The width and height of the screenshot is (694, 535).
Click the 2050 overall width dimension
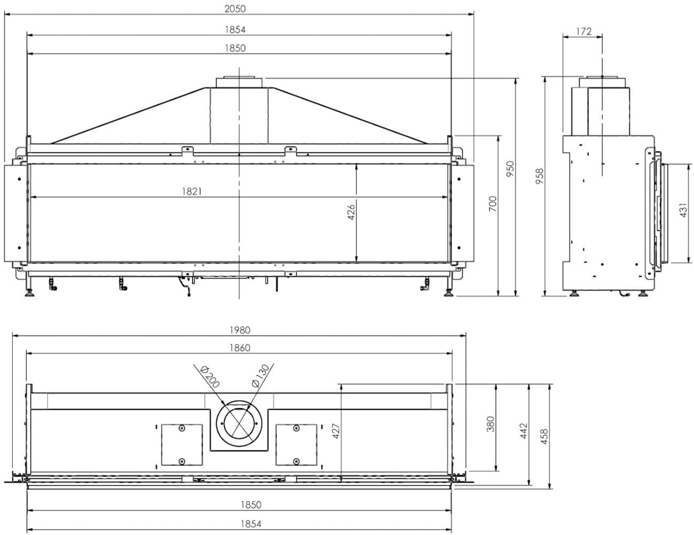pos(235,9)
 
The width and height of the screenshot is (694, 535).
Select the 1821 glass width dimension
pos(192,192)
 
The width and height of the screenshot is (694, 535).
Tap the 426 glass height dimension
pos(351,212)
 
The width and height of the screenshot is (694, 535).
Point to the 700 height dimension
pos(493,204)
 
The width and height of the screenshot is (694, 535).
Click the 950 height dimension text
pos(511,170)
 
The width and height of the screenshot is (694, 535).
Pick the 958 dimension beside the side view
pos(539,176)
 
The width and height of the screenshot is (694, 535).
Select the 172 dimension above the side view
pos(584,32)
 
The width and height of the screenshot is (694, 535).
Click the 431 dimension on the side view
pos(683,210)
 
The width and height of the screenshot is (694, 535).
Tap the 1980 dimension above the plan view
pos(240,330)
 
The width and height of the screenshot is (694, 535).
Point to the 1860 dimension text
pos(240,348)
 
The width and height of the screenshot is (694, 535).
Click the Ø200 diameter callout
pos(210,377)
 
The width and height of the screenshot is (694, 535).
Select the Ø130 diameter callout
pos(260,376)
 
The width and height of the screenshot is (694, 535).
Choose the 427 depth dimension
pos(336,431)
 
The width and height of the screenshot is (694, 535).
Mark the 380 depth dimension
pos(491,424)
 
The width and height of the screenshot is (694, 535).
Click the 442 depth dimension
pos(524,431)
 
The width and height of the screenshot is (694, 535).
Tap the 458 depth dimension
pos(544,436)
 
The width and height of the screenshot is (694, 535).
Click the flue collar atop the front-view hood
pos(239,82)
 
